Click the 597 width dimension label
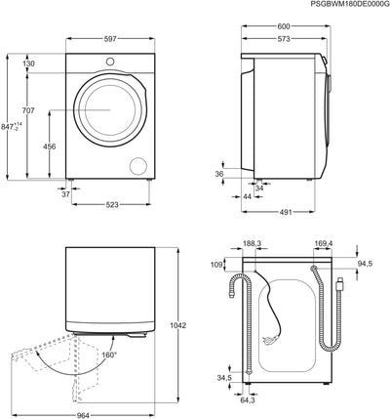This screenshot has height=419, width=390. (110, 39)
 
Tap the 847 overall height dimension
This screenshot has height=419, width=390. (12, 126)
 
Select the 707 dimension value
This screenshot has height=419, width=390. (28, 110)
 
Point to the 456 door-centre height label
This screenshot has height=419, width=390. (50, 147)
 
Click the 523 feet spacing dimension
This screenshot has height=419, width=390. (112, 205)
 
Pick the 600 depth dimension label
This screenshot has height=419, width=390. (284, 26)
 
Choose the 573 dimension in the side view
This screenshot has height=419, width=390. (284, 39)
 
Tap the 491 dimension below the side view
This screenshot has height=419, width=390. (286, 212)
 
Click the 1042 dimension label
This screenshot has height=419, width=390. (178, 325)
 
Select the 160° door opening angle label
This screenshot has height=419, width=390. (108, 355)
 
